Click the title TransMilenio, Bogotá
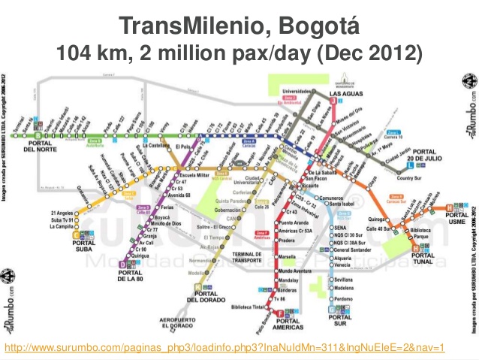[239, 27]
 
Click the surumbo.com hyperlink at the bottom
[225, 347]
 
